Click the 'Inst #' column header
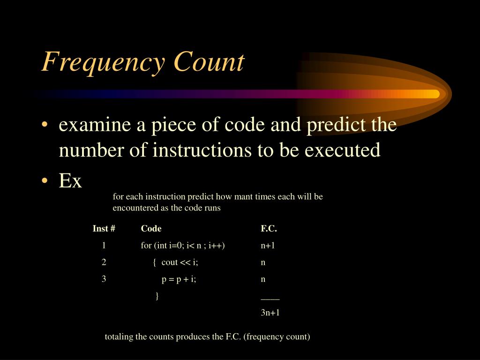104,229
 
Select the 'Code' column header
151,229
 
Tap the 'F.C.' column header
269,229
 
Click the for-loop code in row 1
183,245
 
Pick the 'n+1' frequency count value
268,245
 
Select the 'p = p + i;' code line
179,279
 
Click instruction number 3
104,279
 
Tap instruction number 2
104,262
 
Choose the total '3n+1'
270,313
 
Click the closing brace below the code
157,295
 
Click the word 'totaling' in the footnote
119,337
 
